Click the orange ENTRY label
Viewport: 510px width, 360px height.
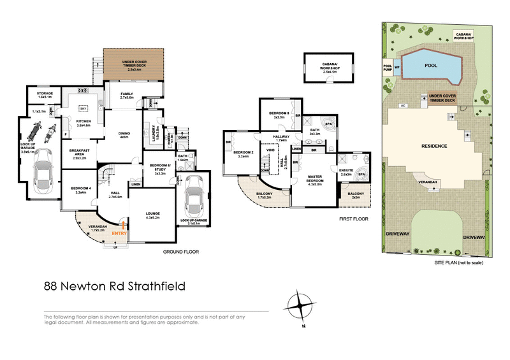pyautogui.click(x=119, y=234)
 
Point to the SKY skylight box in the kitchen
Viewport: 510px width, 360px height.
pyautogui.click(x=82, y=109)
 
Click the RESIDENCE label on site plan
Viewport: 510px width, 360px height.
pyautogui.click(x=433, y=146)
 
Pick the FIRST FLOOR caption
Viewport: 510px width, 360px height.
pyautogui.click(x=354, y=219)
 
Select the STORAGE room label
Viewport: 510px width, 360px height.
pyautogui.click(x=44, y=94)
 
